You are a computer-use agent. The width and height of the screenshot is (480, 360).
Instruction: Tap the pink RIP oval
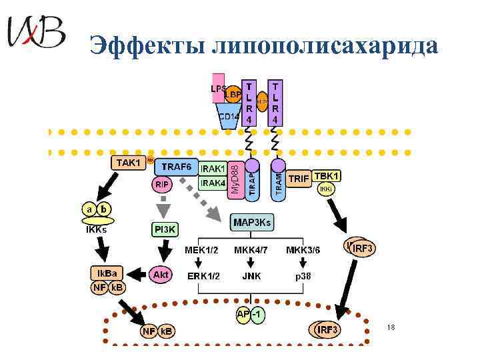click(x=162, y=183)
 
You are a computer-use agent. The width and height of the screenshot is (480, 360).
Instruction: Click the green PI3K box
click(x=165, y=229)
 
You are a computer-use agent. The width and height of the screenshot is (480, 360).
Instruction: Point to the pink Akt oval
click(x=161, y=274)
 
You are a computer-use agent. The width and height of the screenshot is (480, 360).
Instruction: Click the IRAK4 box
click(x=213, y=183)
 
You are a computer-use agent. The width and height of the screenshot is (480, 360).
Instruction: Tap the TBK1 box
click(x=327, y=176)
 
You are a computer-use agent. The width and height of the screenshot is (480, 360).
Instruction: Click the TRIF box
click(x=299, y=179)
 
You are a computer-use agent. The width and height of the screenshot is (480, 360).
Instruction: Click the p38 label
click(x=303, y=274)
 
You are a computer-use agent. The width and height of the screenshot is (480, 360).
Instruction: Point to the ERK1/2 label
click(x=203, y=274)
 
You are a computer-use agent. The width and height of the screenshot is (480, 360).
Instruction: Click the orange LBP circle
click(x=233, y=95)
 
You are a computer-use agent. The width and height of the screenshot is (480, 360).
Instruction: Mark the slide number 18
click(x=391, y=327)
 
